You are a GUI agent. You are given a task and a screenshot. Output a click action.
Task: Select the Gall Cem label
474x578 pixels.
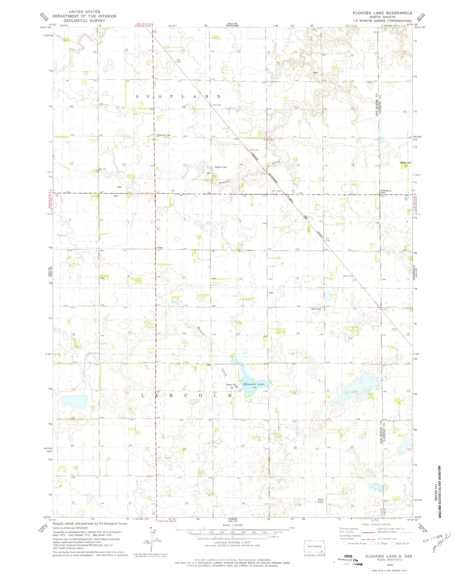pos(316,309)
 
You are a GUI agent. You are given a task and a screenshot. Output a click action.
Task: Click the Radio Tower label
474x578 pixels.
pos(320,500)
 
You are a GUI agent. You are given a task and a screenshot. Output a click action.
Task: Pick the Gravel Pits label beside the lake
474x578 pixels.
pos(231,385)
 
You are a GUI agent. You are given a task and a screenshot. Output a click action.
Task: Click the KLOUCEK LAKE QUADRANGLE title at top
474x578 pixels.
pos(382,13)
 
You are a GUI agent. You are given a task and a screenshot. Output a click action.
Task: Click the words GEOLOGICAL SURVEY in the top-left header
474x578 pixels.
pos(84,20)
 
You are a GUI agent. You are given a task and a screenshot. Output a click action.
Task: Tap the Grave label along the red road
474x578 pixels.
pos(160,248)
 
